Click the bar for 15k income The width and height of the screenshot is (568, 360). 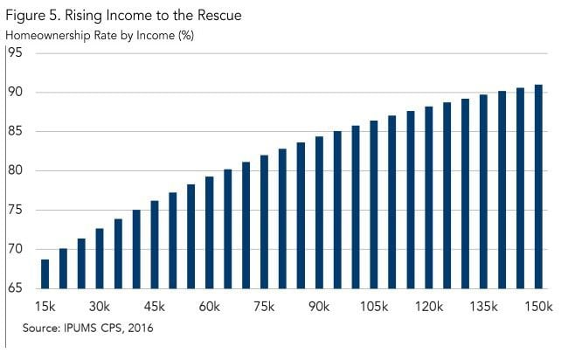pyautogui.click(x=45, y=273)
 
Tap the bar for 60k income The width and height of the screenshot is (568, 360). pyautogui.click(x=209, y=232)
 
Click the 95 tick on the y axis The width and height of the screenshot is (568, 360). pyautogui.click(x=15, y=53)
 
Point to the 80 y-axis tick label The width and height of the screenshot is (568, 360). pyautogui.click(x=15, y=171)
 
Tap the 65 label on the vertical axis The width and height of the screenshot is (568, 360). pyautogui.click(x=15, y=288)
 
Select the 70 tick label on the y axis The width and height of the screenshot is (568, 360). pyautogui.click(x=15, y=250)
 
